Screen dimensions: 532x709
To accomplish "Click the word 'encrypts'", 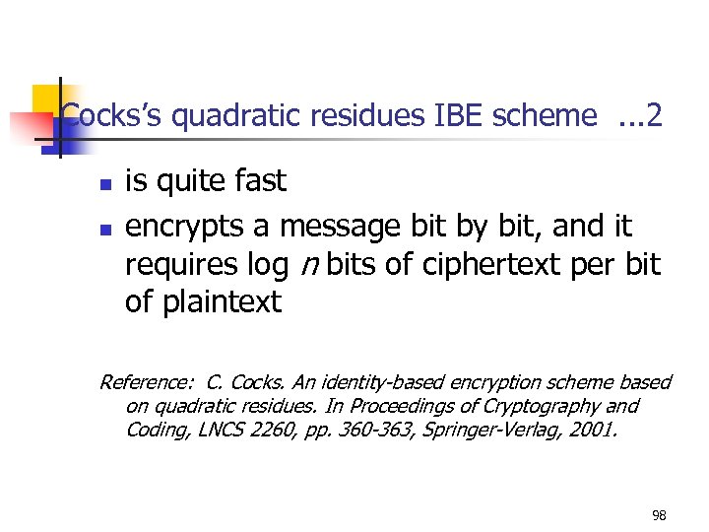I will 186,227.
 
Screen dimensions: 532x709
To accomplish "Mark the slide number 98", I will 659,515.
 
